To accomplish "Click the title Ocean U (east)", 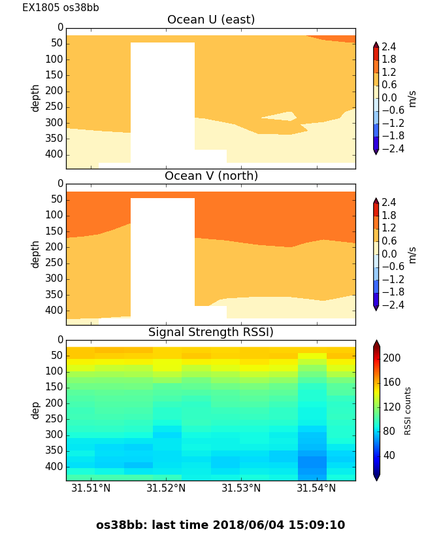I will tap(211, 20).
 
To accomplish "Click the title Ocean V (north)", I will tap(211, 176).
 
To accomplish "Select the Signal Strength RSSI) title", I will tap(211, 332).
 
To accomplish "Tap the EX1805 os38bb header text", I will tap(61, 8).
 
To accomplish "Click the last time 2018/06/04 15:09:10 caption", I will tap(220, 525).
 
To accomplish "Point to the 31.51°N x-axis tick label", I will tap(91, 488).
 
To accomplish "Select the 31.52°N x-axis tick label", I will tap(166, 488).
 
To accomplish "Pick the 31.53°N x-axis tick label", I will tap(241, 488).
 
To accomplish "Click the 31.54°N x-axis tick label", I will tap(316, 488).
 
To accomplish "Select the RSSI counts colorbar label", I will tap(408, 411).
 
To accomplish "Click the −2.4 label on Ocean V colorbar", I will tap(393, 305).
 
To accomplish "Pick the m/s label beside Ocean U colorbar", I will tap(412, 99).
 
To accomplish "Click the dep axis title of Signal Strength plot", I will tap(36, 410).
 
